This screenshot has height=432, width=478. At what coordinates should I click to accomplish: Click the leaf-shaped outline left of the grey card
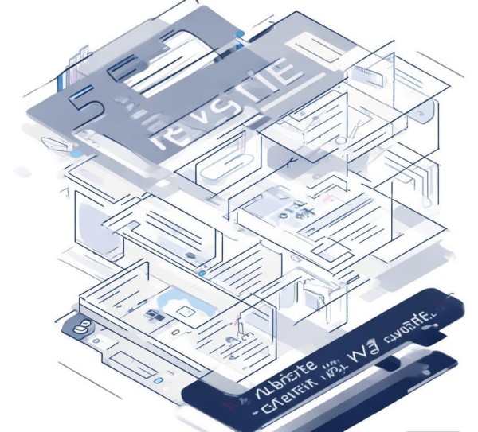pos(57,146)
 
